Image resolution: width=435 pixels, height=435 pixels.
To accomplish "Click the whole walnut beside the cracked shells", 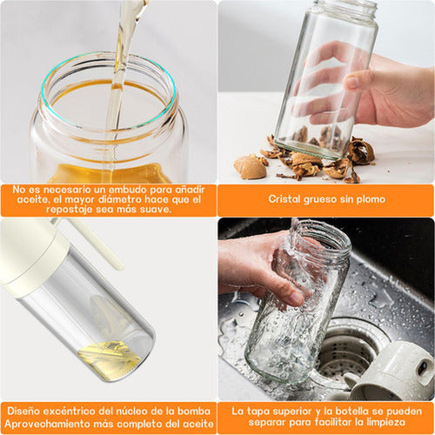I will pos(251,167).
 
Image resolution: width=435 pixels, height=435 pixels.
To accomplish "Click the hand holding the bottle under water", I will pos(257,265).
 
